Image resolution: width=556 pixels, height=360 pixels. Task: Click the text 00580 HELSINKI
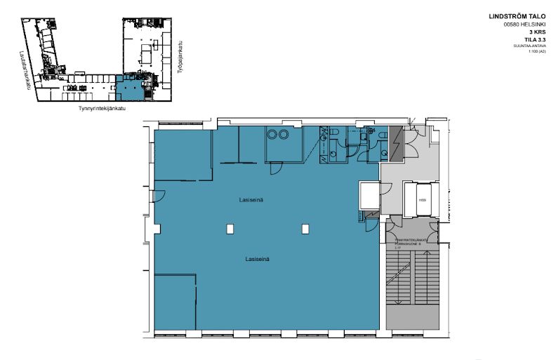[x=525, y=25]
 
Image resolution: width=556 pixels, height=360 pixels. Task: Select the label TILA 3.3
[x=534, y=41]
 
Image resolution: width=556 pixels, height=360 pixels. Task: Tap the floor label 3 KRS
[x=537, y=32]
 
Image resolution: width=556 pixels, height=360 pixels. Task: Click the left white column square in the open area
[x=230, y=228]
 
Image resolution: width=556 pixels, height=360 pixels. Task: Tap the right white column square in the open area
[x=305, y=228]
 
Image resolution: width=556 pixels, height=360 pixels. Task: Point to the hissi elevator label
[x=422, y=200]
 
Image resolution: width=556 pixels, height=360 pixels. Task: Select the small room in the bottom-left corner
[x=174, y=302]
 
